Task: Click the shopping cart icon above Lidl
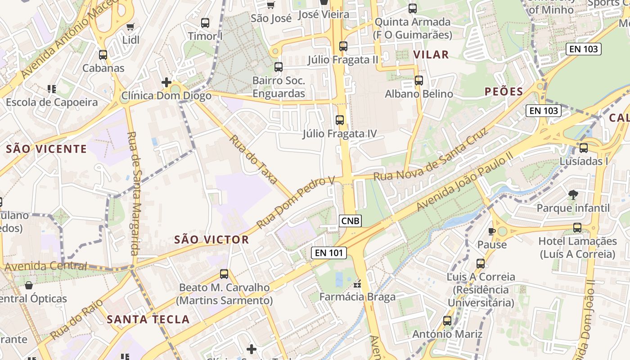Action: (x=130, y=27)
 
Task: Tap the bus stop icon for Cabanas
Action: (x=103, y=55)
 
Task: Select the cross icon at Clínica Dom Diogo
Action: (x=166, y=82)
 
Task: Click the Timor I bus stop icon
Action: (x=205, y=22)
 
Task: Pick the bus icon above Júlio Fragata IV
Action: (x=340, y=120)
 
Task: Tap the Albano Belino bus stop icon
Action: (x=419, y=81)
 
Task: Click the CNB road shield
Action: (x=350, y=220)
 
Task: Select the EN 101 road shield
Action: (x=329, y=253)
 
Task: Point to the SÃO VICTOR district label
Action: (x=211, y=239)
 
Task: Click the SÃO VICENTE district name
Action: (x=46, y=149)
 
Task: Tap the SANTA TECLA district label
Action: (x=148, y=319)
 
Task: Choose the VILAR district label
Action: (x=431, y=55)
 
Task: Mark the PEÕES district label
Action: (x=504, y=92)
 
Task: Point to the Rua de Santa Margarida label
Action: (x=135, y=193)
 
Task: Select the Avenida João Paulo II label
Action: (x=464, y=181)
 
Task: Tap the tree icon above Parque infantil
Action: (x=573, y=195)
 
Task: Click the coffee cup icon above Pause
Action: (x=492, y=231)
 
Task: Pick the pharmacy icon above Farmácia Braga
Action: (x=358, y=283)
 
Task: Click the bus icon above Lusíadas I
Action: (x=584, y=148)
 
